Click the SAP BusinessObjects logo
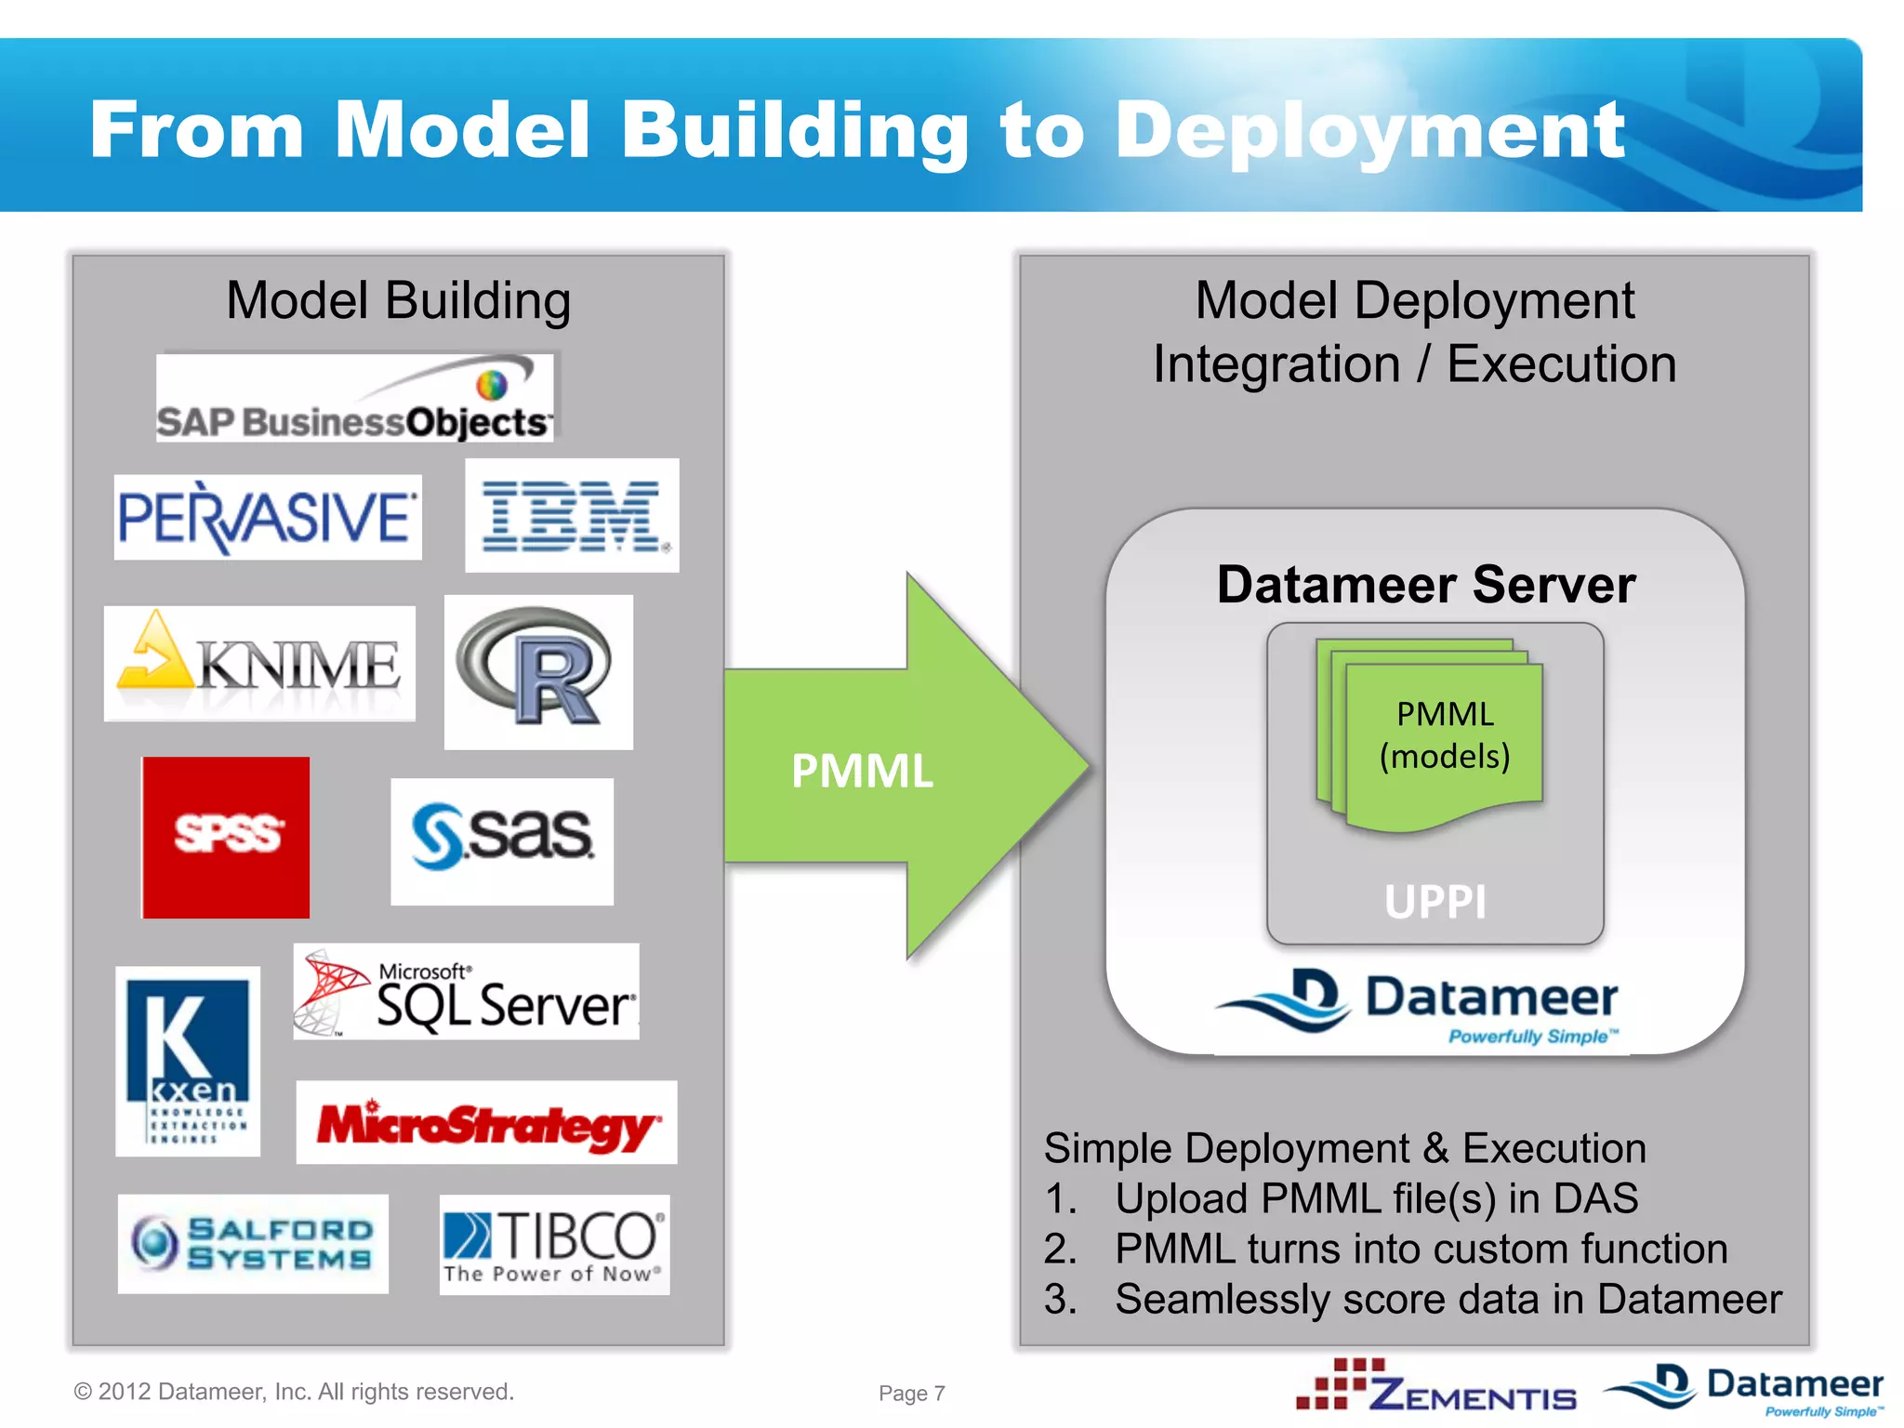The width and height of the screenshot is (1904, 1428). click(x=354, y=398)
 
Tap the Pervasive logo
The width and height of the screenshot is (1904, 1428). click(x=268, y=518)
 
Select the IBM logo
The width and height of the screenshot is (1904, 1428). click(x=572, y=515)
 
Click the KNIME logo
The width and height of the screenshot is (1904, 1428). click(x=259, y=664)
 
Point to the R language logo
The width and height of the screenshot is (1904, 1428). click(x=538, y=672)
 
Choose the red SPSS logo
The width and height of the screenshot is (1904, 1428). click(x=226, y=837)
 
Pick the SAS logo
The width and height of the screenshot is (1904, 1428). click(x=502, y=841)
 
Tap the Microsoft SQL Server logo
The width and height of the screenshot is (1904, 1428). click(x=466, y=992)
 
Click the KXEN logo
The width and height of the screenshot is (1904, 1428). click(x=188, y=1061)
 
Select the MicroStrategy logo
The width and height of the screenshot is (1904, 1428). click(x=486, y=1122)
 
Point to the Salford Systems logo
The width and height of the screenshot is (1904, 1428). click(x=253, y=1244)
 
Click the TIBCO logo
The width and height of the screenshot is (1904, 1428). click(x=554, y=1245)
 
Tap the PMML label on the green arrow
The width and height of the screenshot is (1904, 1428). click(x=862, y=771)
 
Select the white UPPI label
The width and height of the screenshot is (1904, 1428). click(x=1435, y=901)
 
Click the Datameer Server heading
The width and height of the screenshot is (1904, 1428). click(x=1426, y=585)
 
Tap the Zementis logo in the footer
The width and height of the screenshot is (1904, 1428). click(x=1437, y=1386)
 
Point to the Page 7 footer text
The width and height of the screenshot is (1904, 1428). click(x=912, y=1393)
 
